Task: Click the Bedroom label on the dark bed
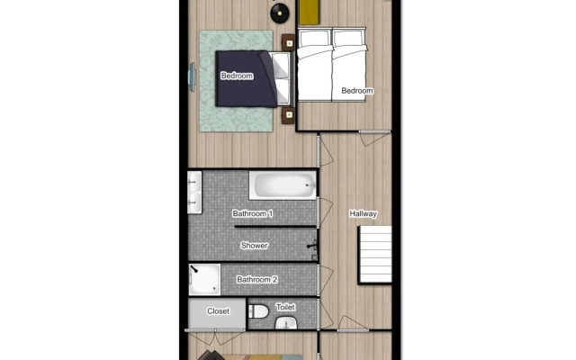click(x=237, y=76)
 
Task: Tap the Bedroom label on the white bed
click(x=356, y=91)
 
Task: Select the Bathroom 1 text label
click(x=253, y=213)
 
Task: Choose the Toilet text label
click(x=285, y=308)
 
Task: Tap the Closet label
click(x=218, y=311)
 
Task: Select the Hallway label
click(x=363, y=213)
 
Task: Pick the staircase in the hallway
click(x=376, y=254)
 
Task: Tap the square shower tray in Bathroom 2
click(x=204, y=279)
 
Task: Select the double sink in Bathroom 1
click(x=194, y=193)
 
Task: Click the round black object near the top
click(x=280, y=12)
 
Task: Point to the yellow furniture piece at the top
click(x=309, y=12)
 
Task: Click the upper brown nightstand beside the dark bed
click(x=289, y=41)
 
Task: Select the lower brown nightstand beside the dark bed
click(x=289, y=115)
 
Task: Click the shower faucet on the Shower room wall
click(x=312, y=245)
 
